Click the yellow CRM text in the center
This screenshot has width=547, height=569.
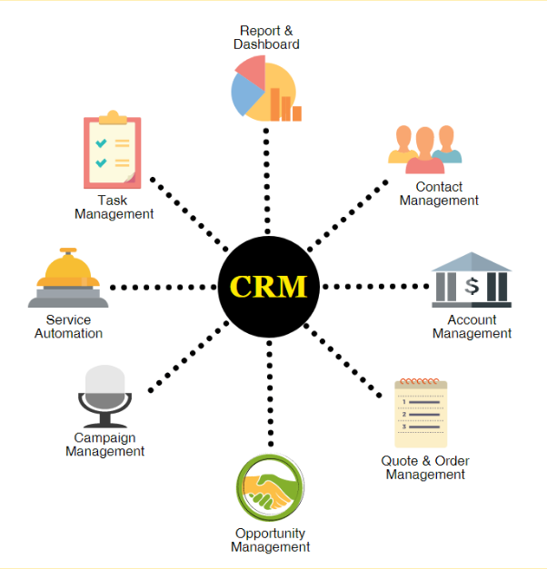268,287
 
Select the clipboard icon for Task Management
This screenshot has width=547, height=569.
112,151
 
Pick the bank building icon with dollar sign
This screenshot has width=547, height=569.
471,281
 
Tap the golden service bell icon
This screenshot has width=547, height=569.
68,279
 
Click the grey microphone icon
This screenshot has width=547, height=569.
104,396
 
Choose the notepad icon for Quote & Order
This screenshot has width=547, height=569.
421,413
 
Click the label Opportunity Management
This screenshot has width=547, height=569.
270,540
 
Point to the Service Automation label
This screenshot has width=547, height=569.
68,327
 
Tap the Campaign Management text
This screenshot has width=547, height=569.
104,445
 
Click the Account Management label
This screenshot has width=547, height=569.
472,327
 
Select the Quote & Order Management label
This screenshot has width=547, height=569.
424,467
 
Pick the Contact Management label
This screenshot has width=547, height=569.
439,194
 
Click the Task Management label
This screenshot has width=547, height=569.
114,207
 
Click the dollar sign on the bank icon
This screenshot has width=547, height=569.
472,287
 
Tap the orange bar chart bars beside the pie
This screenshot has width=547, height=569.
291,107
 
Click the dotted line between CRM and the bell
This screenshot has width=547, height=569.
164,287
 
